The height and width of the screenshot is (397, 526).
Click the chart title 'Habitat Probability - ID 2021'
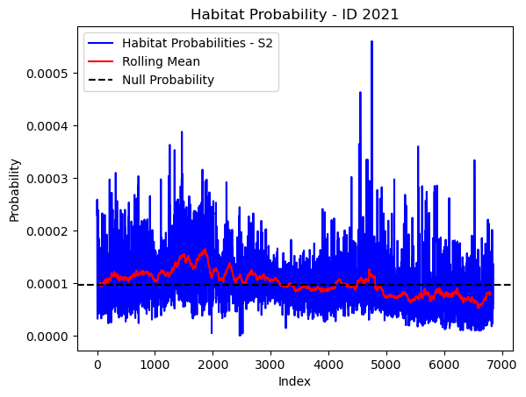coord(294,15)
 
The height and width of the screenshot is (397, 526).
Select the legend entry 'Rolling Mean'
coord(161,61)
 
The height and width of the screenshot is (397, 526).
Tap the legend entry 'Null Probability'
coord(168,80)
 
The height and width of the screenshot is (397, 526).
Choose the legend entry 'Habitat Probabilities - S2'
coord(198,43)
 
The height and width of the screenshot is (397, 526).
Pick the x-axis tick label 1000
coord(155,365)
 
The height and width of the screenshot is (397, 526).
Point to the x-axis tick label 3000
coord(270,365)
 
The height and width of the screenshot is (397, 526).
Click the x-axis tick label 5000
coord(386,365)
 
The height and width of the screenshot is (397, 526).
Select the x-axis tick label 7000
coord(501,365)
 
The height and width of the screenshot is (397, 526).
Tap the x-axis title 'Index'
coord(294,381)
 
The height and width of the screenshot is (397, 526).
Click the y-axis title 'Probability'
coord(15,190)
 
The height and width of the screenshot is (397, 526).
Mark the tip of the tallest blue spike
coord(371,41)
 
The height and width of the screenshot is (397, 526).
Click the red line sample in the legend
coord(101,61)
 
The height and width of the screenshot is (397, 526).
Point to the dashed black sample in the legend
coord(101,80)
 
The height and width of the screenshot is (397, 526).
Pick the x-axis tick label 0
coord(97,365)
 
